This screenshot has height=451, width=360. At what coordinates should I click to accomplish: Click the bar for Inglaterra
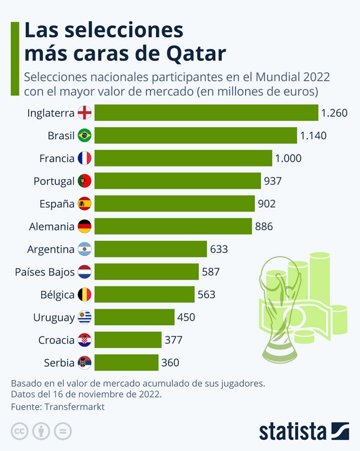coord(206,113)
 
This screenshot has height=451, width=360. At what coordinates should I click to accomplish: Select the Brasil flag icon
coord(85,135)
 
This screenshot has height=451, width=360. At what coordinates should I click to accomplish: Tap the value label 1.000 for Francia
coord(288,158)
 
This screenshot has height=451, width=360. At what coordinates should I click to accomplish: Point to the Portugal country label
coord(54,181)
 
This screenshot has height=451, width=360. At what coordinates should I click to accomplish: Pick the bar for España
coord(175,204)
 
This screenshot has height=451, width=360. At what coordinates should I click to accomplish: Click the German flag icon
coord(85,227)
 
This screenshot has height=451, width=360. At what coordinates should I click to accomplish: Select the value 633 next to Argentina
coord(218,249)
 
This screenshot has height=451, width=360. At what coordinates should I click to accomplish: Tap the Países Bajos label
coord(45,272)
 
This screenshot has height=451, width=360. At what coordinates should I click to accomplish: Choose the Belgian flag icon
coord(85,294)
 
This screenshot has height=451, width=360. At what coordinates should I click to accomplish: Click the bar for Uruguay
coord(135,317)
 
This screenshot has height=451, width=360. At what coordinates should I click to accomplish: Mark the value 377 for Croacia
coord(174,340)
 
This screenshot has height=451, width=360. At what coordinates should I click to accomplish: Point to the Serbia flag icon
coord(85,362)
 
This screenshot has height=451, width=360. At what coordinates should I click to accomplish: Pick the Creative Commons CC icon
coord(20,432)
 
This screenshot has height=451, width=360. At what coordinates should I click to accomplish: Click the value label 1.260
coord(334,113)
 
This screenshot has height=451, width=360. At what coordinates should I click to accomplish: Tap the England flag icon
coord(85,113)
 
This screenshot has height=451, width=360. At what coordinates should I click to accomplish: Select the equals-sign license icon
coord(63,432)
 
